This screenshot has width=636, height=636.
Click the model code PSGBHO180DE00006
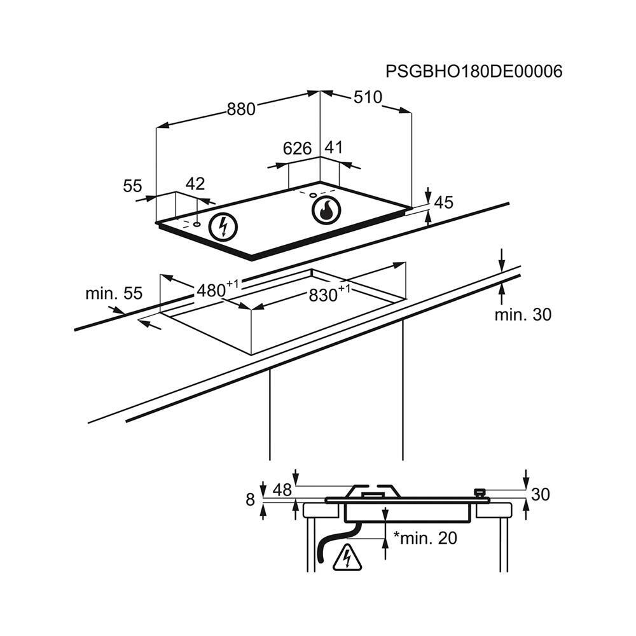(x=474, y=71)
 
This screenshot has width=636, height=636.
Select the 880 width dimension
(x=241, y=109)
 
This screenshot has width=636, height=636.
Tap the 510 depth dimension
(x=368, y=97)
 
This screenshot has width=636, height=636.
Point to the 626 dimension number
(x=297, y=149)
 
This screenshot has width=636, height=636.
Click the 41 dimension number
(x=333, y=148)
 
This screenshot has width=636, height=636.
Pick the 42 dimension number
(x=195, y=184)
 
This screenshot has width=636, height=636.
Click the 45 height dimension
(x=444, y=202)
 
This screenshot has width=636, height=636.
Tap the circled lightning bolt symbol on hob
(x=223, y=226)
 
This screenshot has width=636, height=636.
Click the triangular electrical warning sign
(x=347, y=557)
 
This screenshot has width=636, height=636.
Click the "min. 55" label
(x=114, y=293)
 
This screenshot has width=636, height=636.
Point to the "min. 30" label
(x=523, y=314)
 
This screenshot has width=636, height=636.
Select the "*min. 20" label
(x=425, y=538)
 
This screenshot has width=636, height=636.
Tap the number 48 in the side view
(x=282, y=490)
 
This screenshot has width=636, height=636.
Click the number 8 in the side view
(x=251, y=500)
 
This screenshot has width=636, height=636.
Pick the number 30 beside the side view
(x=540, y=494)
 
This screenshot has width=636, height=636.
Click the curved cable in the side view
(x=335, y=542)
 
